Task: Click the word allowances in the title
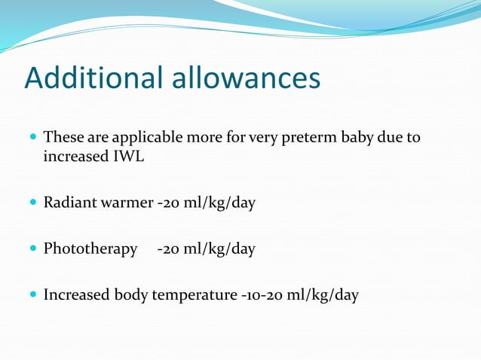tap(250, 78)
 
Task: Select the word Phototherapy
tap(90, 249)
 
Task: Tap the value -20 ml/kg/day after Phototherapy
tap(206, 249)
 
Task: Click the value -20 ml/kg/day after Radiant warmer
tap(206, 203)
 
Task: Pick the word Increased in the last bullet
tap(76, 295)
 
